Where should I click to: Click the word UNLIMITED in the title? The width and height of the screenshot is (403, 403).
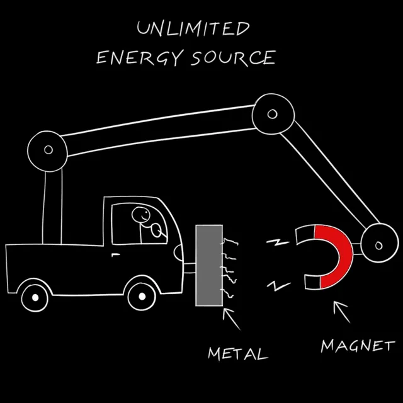pyautogui.click(x=193, y=29)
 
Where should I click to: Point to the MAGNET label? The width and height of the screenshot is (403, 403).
pyautogui.click(x=357, y=346)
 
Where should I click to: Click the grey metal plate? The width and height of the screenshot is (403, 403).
pyautogui.click(x=209, y=265)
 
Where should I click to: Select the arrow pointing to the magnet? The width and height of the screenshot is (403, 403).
pyautogui.click(x=341, y=310)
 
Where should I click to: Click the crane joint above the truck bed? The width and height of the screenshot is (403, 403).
pyautogui.click(x=48, y=149)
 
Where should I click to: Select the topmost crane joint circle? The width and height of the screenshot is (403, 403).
pyautogui.click(x=271, y=114)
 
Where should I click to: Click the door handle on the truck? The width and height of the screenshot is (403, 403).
pyautogui.click(x=115, y=254)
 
